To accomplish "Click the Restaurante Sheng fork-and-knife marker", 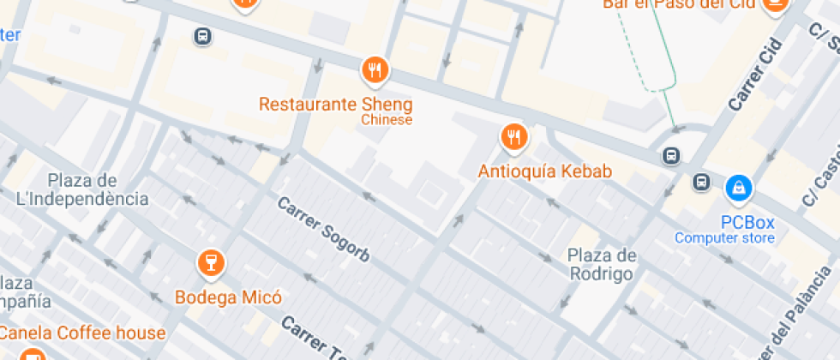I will (375, 69).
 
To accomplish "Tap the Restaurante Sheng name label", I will (336, 105).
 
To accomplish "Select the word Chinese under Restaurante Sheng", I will (387, 120).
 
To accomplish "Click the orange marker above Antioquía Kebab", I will (513, 135).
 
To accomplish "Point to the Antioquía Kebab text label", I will (545, 171).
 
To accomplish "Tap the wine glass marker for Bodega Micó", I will (210, 263).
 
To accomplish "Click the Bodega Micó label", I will (228, 298).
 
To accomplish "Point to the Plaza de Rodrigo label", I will (602, 265).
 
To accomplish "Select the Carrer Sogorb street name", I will (323, 229).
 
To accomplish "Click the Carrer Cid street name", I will (756, 75).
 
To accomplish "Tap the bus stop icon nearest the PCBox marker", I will (702, 182).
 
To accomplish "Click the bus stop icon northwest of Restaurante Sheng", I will (202, 36).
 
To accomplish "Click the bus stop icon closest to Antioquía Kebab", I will (671, 155).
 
